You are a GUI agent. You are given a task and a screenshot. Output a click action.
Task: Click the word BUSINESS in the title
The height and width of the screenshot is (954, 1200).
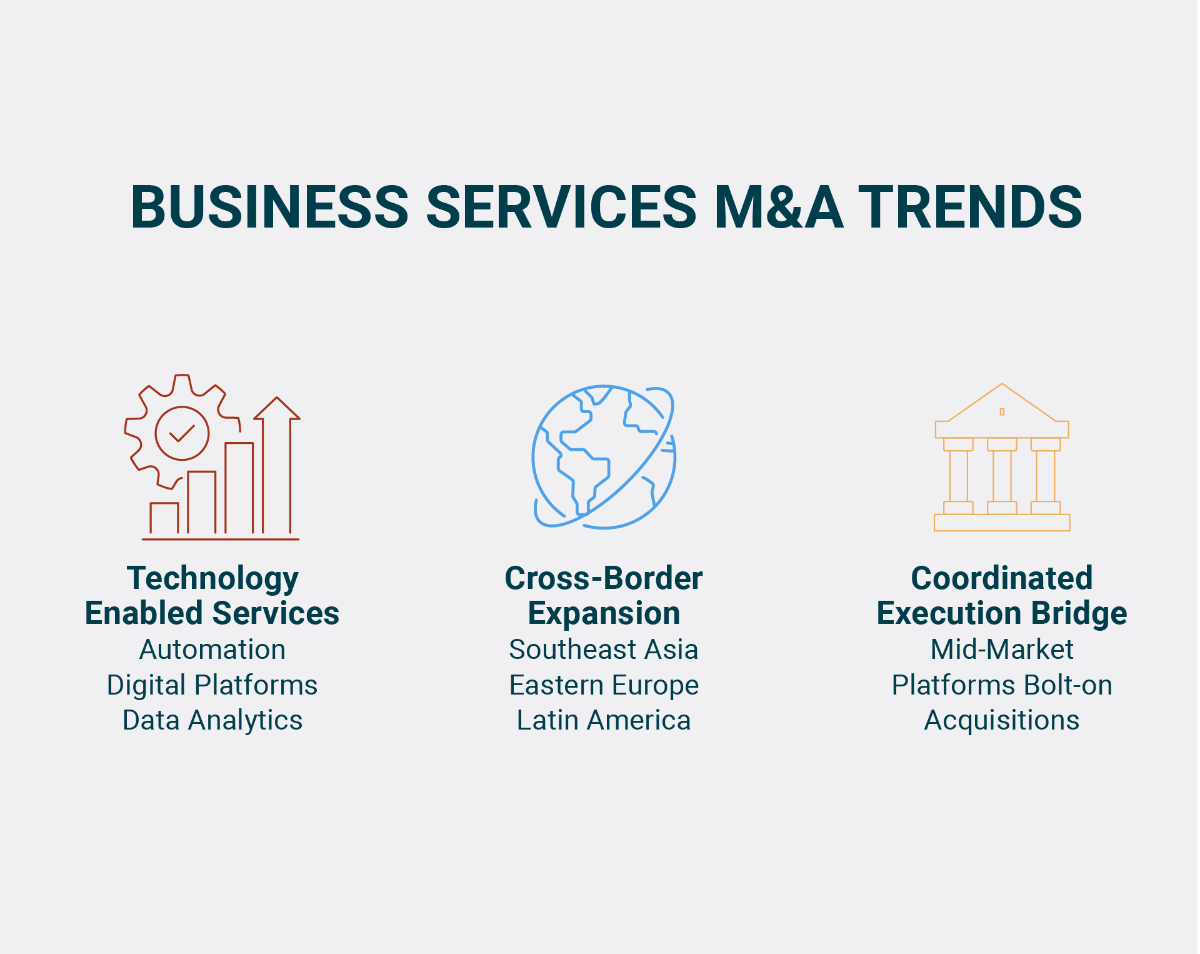click(x=269, y=207)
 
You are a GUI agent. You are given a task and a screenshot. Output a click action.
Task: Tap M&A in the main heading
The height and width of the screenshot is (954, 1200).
click(x=778, y=207)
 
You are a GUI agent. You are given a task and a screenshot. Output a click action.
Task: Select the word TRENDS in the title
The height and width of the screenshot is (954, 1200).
click(x=971, y=207)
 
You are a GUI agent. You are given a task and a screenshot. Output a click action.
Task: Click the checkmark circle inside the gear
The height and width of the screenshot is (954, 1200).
click(x=182, y=433)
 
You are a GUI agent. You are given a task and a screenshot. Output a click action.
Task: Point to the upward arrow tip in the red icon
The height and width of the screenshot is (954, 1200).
click(x=277, y=398)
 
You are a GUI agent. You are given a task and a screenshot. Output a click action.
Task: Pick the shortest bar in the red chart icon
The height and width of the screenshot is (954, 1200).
click(x=164, y=518)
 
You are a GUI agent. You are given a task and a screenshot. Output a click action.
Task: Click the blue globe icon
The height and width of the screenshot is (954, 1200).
click(x=604, y=457)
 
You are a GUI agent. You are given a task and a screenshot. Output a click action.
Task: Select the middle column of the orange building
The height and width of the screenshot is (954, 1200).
click(x=1002, y=476)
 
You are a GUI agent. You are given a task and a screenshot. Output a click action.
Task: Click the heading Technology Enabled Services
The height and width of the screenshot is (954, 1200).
click(x=212, y=595)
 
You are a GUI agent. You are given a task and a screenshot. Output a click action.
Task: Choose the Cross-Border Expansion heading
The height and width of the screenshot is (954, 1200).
click(x=604, y=595)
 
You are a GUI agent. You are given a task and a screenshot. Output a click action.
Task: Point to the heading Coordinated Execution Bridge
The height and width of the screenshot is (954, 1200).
click(x=1002, y=595)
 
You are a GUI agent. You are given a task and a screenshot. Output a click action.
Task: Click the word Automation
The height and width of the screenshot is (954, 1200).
click(x=212, y=650)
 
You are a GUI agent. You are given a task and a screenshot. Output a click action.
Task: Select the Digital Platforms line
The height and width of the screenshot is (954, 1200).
click(x=212, y=685)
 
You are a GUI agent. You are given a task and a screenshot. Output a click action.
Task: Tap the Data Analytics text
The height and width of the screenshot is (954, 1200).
click(x=212, y=720)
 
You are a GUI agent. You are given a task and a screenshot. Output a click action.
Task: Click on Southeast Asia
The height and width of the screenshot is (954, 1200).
click(x=604, y=650)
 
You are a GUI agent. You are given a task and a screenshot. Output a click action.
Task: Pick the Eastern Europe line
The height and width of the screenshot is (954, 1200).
click(x=604, y=685)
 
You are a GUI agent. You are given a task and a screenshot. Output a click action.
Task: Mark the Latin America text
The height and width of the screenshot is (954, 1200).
click(x=604, y=720)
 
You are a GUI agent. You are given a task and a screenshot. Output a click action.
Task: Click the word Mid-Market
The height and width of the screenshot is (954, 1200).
click(x=1002, y=650)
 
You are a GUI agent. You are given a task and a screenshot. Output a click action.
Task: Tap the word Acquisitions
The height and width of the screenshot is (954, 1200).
click(x=1002, y=720)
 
